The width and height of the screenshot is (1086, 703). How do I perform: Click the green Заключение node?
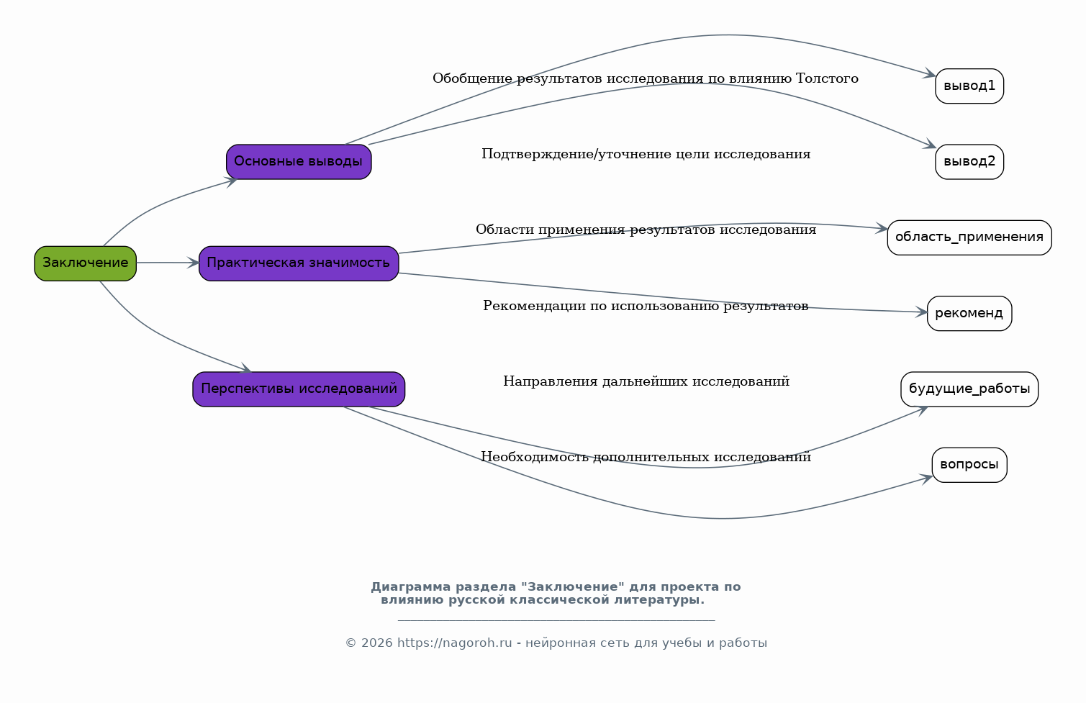click(86, 263)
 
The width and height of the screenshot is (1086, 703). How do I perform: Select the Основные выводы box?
click(299, 161)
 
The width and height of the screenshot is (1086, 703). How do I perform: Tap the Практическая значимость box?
click(299, 263)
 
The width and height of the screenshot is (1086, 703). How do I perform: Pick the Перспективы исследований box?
click(299, 389)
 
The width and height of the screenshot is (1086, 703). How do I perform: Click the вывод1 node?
click(969, 86)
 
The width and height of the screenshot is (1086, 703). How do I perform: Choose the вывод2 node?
click(969, 161)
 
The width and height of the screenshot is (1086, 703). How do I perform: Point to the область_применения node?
click(969, 237)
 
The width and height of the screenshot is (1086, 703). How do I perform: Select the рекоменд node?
click(969, 313)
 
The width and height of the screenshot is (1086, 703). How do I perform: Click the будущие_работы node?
click(969, 389)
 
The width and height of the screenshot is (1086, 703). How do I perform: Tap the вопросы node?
click(969, 465)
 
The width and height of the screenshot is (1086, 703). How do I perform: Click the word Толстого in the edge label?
click(827, 78)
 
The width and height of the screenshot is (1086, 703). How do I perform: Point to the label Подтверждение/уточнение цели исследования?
click(646, 154)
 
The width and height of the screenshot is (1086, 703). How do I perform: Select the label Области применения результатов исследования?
click(646, 230)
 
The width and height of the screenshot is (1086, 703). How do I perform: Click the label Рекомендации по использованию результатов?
click(646, 306)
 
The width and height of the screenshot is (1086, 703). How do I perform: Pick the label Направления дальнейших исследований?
click(646, 381)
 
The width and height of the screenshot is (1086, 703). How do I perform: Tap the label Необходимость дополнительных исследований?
click(646, 457)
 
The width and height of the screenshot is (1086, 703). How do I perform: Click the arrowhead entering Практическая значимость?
click(193, 263)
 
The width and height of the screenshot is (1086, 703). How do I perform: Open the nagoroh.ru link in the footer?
click(454, 643)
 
